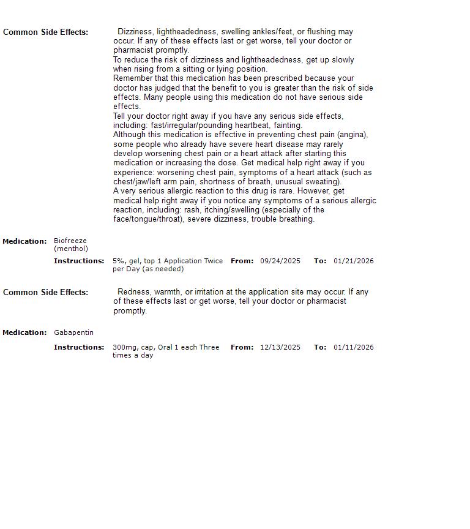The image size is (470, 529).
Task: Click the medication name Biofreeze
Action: coord(70,241)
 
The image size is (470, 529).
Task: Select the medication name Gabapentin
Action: coord(73,332)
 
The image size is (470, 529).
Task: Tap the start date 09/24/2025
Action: coord(280,261)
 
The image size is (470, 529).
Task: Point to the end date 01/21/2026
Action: coord(353,261)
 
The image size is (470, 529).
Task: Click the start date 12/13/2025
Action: coord(280,347)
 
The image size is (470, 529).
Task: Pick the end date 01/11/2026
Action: coord(353,347)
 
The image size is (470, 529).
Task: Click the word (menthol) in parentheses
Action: coord(71,249)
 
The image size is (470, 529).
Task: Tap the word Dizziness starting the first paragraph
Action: coord(135,32)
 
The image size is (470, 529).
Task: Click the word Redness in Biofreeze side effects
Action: coord(132,292)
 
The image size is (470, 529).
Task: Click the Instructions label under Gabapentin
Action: coord(79,347)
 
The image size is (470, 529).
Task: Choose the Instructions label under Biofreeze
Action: coord(79,261)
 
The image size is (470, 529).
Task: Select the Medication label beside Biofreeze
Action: coord(24,241)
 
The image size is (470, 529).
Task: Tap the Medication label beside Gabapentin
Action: coord(24,332)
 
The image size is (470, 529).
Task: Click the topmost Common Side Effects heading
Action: coord(45,32)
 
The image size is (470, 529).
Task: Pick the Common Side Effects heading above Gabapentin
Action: coord(45,292)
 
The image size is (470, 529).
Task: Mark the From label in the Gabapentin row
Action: coord(242,347)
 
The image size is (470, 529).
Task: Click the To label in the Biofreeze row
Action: coord(319,261)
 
